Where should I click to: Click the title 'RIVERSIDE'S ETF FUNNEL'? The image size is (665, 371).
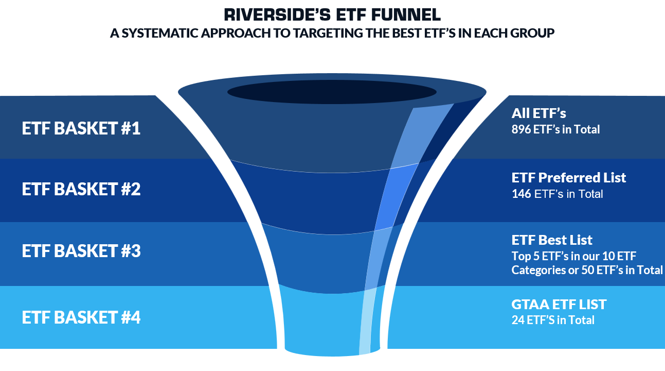coord(332,14)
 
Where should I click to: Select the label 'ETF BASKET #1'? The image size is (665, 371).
coord(81,128)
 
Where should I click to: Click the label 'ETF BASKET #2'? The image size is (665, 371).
coord(81,190)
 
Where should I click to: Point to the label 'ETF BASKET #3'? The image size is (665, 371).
coord(81,251)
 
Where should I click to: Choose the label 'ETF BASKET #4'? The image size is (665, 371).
coord(81,317)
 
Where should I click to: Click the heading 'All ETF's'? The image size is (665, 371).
coord(538,113)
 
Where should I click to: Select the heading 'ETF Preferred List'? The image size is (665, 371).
coord(569,178)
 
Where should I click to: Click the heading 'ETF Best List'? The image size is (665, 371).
coord(552,240)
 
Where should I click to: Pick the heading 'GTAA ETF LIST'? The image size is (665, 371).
coord(559,304)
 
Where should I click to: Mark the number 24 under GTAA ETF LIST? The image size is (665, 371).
coord(517,320)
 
